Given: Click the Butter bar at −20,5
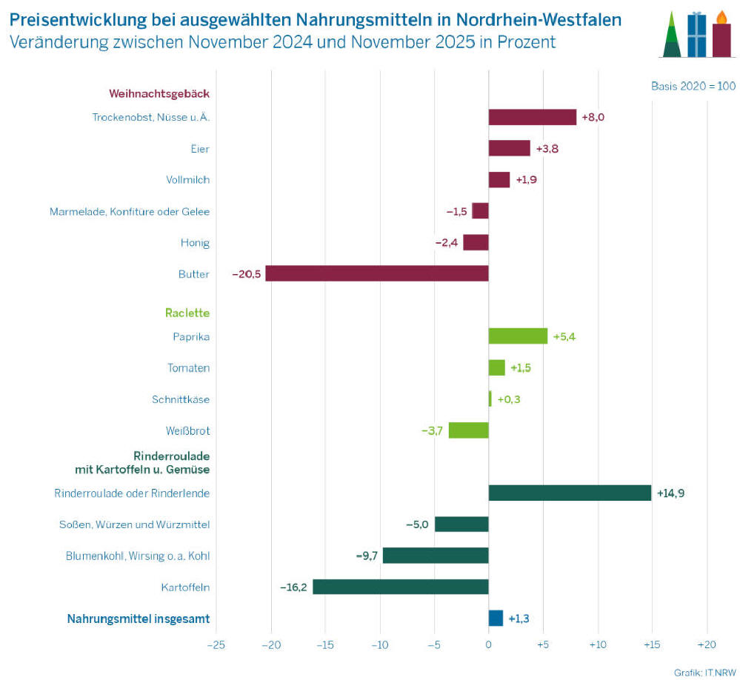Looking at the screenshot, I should tap(377, 273).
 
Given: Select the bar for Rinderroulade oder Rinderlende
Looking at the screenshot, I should tap(570, 493).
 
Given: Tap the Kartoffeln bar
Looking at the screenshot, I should tap(401, 587).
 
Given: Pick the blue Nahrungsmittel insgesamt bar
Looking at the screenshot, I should tap(496, 618).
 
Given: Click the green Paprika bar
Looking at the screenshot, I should tap(518, 336).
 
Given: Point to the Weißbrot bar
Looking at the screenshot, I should tap(469, 430).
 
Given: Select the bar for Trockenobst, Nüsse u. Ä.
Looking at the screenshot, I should tap(532, 117).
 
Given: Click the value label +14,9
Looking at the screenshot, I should tap(670, 493).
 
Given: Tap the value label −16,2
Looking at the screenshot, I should tap(293, 587).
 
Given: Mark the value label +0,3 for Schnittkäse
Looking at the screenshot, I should tap(509, 399).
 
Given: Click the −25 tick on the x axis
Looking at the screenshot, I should tap(216, 644).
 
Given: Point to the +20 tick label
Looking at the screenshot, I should tap(706, 644).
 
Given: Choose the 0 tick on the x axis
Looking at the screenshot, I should tap(489, 644).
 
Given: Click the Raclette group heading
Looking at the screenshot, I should tap(187, 313).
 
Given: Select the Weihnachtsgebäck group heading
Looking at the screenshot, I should tap(159, 93).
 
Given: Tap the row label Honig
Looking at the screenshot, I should tap(195, 242).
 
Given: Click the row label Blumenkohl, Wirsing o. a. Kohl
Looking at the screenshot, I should tap(138, 556).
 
